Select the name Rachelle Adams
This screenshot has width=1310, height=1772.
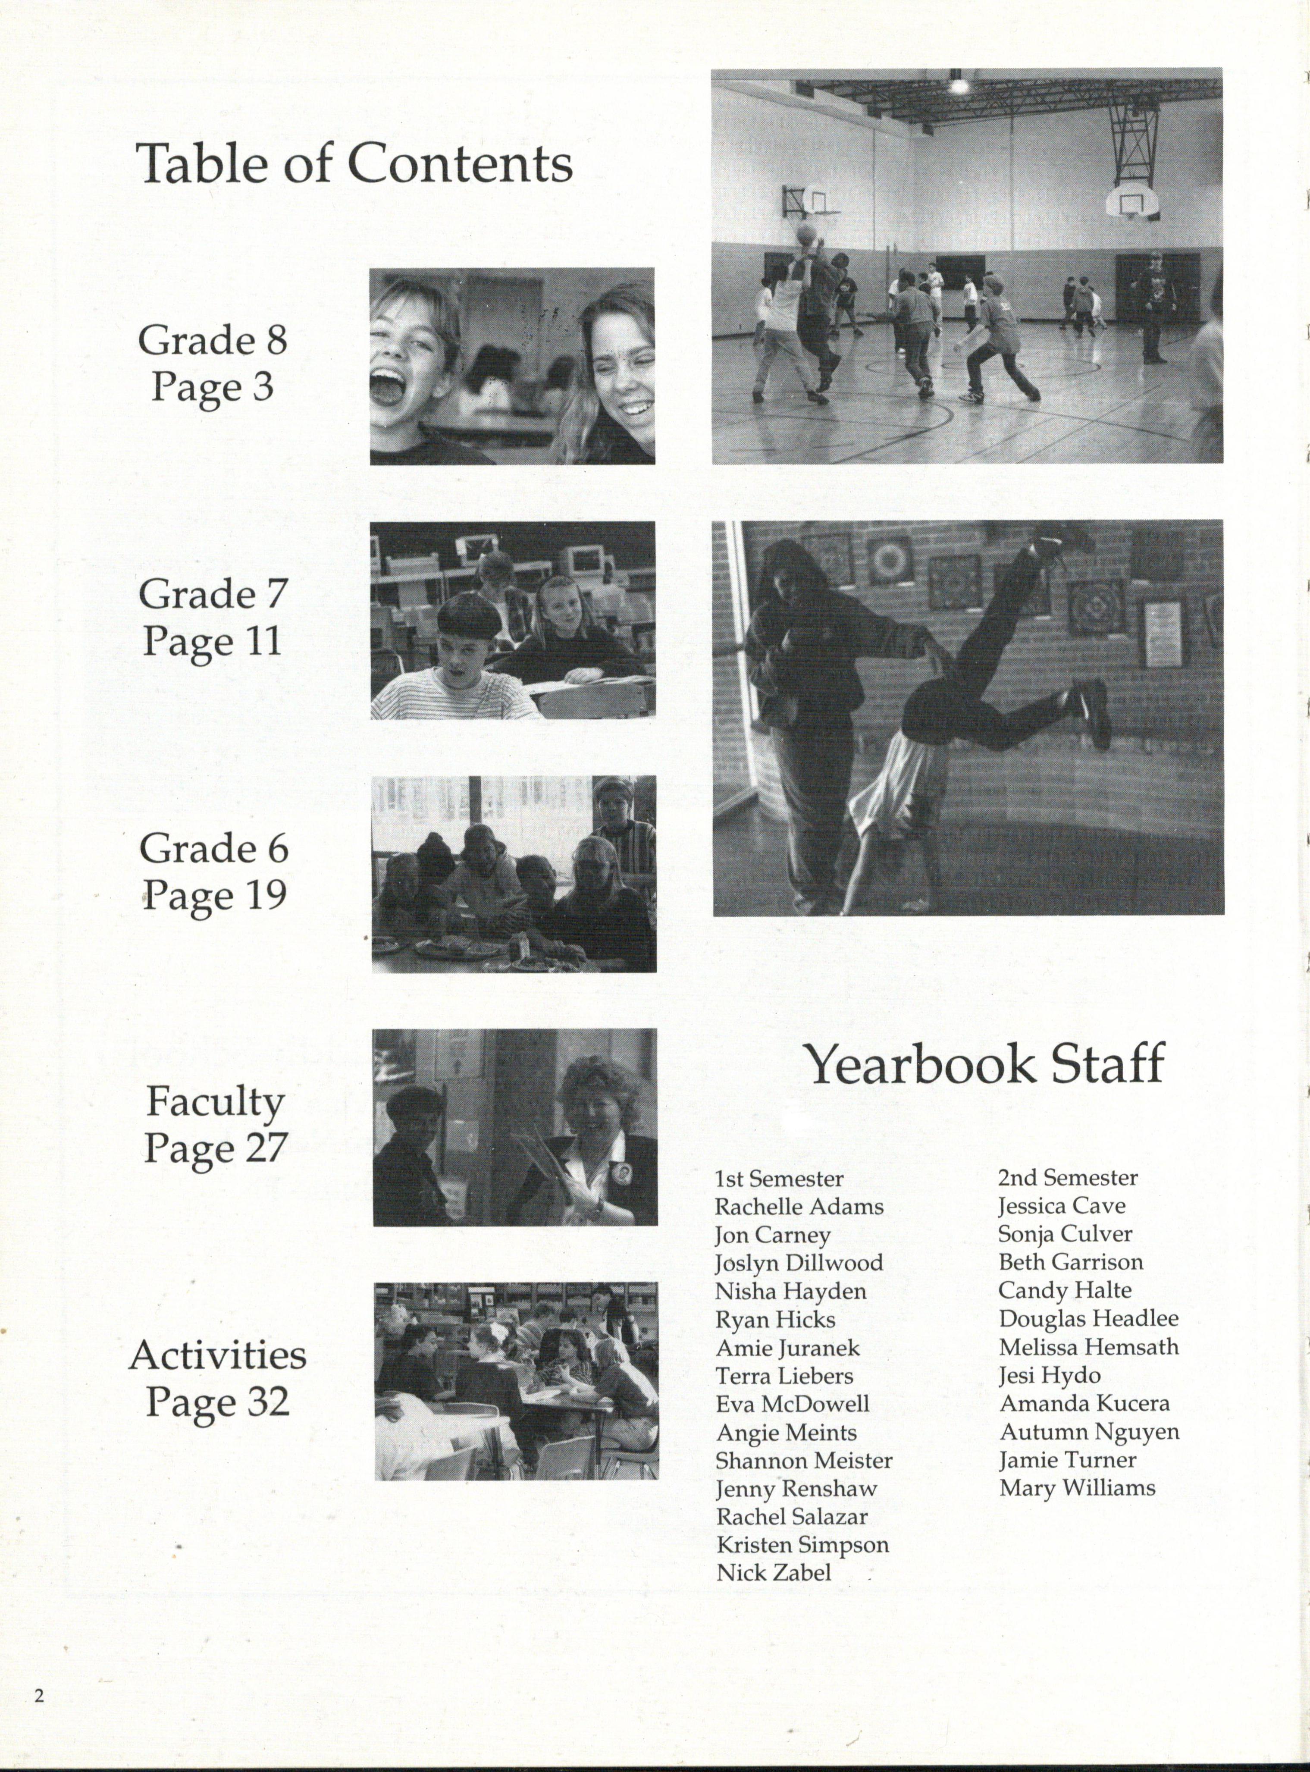click(799, 1207)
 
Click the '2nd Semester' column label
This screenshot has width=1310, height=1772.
click(1067, 1177)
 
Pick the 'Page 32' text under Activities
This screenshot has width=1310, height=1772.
click(216, 1402)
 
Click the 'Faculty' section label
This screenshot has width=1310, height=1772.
click(215, 1102)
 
